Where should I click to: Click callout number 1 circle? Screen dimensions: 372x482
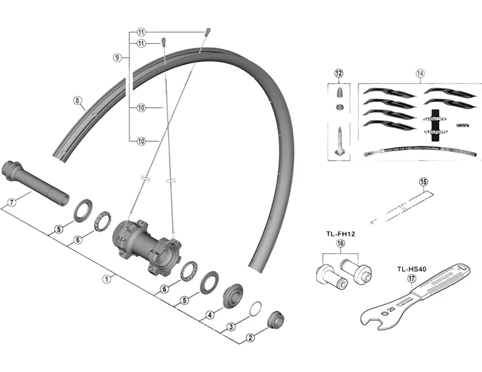pyautogui.click(x=106, y=279)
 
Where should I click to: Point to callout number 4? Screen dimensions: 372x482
pyautogui.click(x=210, y=314)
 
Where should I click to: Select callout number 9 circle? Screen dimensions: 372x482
pyautogui.click(x=117, y=57)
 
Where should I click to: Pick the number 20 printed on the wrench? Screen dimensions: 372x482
pyautogui.click(x=392, y=309)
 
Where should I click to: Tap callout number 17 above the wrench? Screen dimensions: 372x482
pyautogui.click(x=412, y=279)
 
